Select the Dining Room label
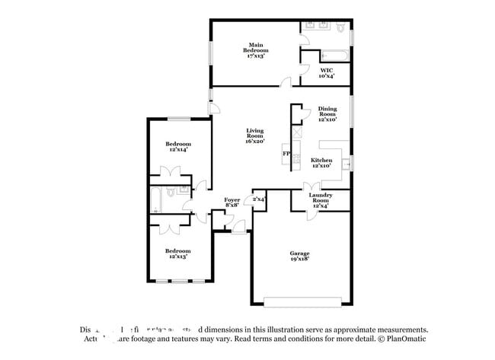[327, 114]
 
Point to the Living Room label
[254, 136]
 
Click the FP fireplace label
[286, 154]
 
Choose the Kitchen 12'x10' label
[321, 164]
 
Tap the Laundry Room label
[320, 199]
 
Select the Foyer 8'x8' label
[232, 202]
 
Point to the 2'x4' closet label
[258, 199]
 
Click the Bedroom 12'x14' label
[178, 147]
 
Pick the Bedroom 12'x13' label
[178, 253]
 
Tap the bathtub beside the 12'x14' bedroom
[155, 199]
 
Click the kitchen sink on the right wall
[347, 162]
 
